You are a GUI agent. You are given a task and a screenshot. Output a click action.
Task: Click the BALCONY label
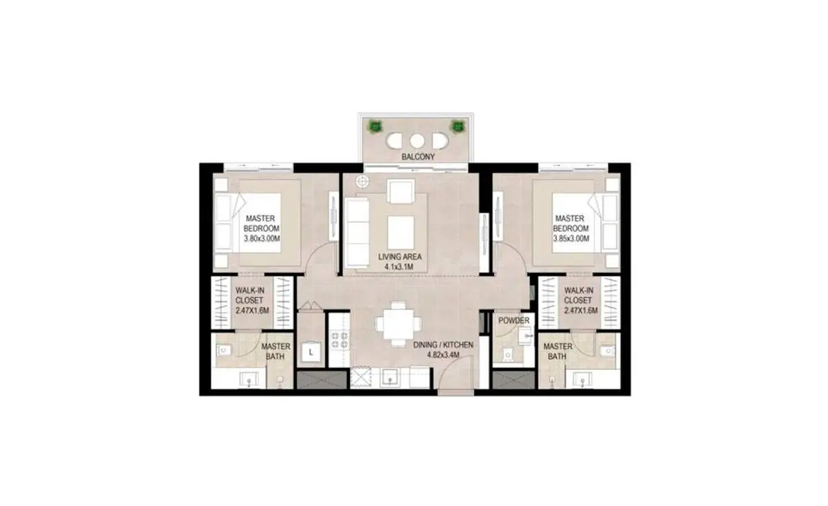pos(418,157)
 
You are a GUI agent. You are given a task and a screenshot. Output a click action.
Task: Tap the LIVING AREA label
pos(400,257)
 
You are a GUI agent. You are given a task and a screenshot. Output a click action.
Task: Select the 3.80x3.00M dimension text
pos(262,239)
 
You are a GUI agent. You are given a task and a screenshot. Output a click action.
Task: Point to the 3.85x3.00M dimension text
pos(571,239)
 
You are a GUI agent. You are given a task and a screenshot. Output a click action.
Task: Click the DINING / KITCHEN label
pos(443,344)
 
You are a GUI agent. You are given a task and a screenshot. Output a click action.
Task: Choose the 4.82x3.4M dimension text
pos(443,355)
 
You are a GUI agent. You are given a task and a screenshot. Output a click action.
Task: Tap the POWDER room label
pos(514,320)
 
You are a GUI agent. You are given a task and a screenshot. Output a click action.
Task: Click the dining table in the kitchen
pos(399,324)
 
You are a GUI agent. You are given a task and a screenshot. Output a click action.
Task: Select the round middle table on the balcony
pos(417,141)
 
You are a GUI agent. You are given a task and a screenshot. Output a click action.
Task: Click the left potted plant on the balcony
pos(375,127)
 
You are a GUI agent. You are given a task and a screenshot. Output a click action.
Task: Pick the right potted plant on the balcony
pos(457,127)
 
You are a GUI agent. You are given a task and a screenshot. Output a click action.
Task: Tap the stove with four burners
pos(339,340)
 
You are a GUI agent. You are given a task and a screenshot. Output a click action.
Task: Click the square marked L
pos(310,352)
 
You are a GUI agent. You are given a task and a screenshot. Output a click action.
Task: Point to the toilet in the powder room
pos(509,354)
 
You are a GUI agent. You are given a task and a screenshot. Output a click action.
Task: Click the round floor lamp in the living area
pos(363,182)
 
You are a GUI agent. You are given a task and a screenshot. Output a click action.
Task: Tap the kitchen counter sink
pos(390,378)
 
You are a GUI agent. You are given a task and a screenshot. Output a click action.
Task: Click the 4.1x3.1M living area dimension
pos(399,266)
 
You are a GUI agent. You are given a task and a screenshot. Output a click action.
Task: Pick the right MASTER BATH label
pos(558,351)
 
